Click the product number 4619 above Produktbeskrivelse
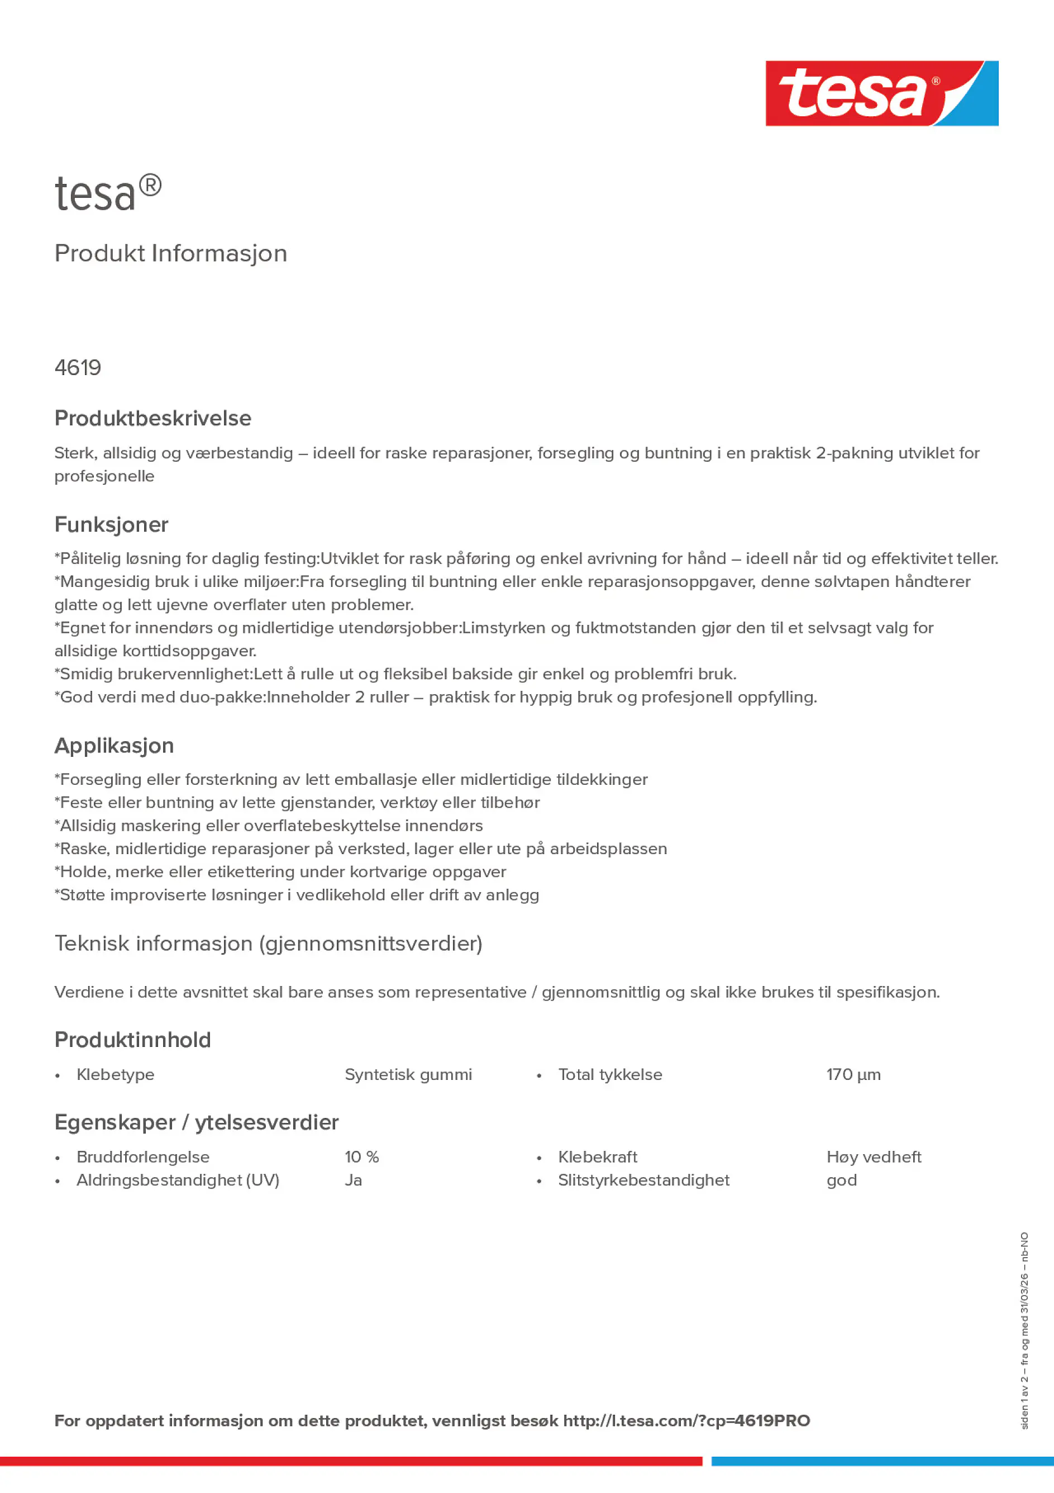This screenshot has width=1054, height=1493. pos(78,368)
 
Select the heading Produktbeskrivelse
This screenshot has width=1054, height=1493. pos(152,418)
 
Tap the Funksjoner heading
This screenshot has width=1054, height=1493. pos(111,525)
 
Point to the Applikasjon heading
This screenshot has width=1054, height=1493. pos(114,746)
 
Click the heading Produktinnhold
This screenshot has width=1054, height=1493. pos(132,1040)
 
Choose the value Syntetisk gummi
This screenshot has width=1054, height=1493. pos(408,1074)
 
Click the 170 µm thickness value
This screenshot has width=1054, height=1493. pos(853,1074)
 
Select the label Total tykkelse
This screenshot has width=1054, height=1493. pos(609,1074)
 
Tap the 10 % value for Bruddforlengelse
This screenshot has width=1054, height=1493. pos(361,1157)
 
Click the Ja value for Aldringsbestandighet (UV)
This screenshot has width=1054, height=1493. pos(353,1179)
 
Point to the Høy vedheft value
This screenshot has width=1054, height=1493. pos(874,1157)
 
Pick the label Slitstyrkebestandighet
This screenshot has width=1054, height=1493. pos(643,1179)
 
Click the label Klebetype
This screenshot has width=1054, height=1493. pos(115,1074)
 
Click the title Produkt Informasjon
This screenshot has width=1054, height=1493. pos(170,254)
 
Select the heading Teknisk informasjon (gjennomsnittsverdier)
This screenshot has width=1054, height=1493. pos(268,944)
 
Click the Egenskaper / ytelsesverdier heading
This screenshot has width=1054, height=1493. pos(196,1122)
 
